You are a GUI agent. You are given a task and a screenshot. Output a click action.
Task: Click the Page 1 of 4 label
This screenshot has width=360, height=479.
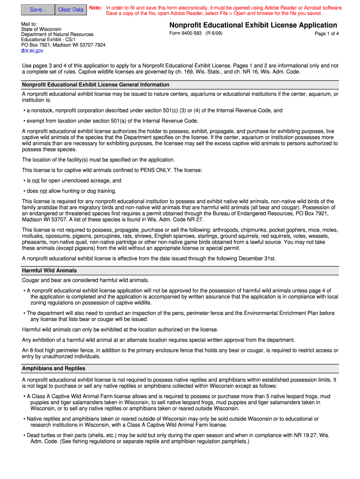pos(326,34)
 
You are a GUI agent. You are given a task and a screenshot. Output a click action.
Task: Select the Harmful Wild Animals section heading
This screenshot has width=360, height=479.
pos(50,270)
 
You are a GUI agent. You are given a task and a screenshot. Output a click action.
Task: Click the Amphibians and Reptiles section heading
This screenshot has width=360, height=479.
pos(54,368)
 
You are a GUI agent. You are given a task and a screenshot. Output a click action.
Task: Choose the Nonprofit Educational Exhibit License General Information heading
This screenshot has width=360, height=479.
pos(95,85)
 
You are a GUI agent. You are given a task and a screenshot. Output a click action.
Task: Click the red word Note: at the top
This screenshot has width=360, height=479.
pos(95,8)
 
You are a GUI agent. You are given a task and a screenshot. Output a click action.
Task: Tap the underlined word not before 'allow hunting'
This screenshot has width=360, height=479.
pos(43,191)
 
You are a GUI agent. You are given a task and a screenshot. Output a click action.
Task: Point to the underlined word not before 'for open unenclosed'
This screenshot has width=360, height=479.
pos(36,181)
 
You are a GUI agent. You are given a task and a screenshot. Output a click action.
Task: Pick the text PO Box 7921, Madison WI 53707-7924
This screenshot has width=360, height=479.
pos(63,45)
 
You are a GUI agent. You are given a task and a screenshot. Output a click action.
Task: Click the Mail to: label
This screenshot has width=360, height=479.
pos(29,23)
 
